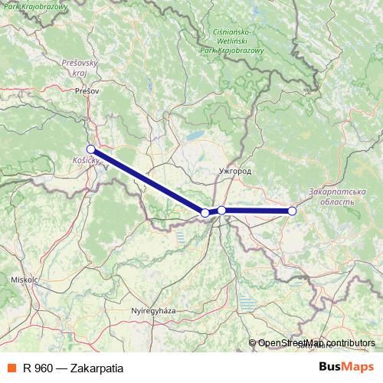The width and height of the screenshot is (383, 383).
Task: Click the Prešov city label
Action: click(x=88, y=91)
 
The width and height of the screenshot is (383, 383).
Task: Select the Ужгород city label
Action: click(x=234, y=172)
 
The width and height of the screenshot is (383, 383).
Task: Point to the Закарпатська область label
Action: click(x=331, y=195)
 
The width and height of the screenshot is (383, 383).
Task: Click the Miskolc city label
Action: click(x=25, y=280)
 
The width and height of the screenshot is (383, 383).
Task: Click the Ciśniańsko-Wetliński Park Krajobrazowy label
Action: click(x=230, y=41)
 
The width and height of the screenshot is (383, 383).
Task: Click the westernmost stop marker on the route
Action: click(x=90, y=149)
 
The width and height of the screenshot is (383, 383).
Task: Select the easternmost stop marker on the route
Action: click(x=292, y=211)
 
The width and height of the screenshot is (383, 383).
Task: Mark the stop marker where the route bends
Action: click(x=205, y=213)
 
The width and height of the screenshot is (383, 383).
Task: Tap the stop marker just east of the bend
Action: click(x=221, y=210)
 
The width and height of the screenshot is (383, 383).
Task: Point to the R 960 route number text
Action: click(x=38, y=366)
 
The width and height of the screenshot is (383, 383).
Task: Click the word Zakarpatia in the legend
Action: click(x=96, y=366)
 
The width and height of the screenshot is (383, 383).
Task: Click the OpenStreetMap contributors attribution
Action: click(x=316, y=344)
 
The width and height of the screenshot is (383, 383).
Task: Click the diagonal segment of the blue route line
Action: click(x=148, y=181)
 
